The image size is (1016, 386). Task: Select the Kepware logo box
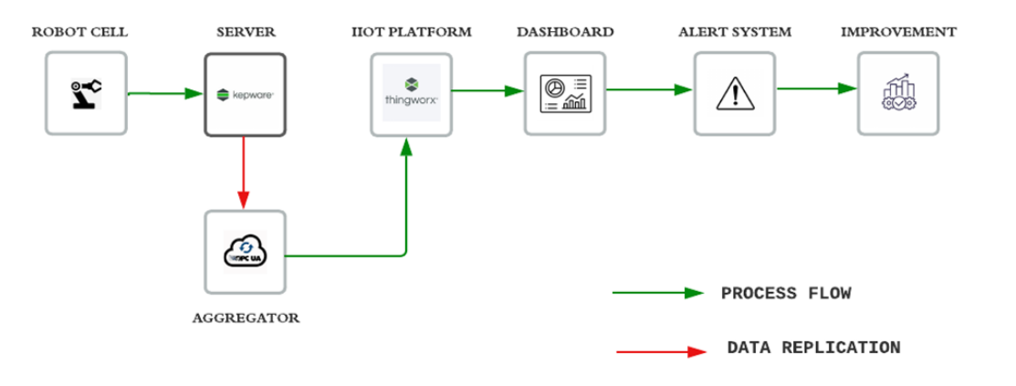(x=245, y=94)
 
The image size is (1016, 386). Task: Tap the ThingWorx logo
(x=411, y=94)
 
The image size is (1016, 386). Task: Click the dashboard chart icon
(x=566, y=93)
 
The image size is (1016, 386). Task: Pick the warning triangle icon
(x=733, y=93)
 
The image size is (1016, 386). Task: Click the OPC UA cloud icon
(x=245, y=252)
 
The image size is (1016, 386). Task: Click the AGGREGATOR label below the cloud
(x=246, y=318)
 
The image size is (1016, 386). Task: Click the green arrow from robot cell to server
(x=164, y=93)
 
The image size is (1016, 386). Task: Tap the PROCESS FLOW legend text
(x=786, y=294)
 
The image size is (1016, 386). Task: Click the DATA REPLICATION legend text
(x=813, y=348)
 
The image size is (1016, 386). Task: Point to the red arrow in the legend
(x=659, y=351)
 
